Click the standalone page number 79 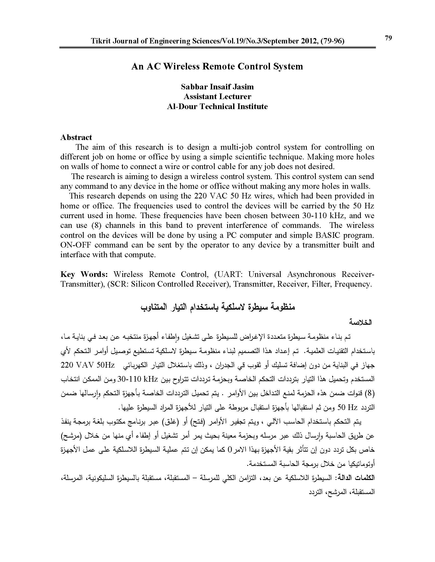[x=388, y=38]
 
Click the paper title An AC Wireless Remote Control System [x=217, y=66]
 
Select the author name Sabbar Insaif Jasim [x=217, y=87]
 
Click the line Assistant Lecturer [x=217, y=97]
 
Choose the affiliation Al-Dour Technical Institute [x=217, y=107]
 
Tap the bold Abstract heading [x=76, y=137]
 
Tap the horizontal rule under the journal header [x=217, y=47]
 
